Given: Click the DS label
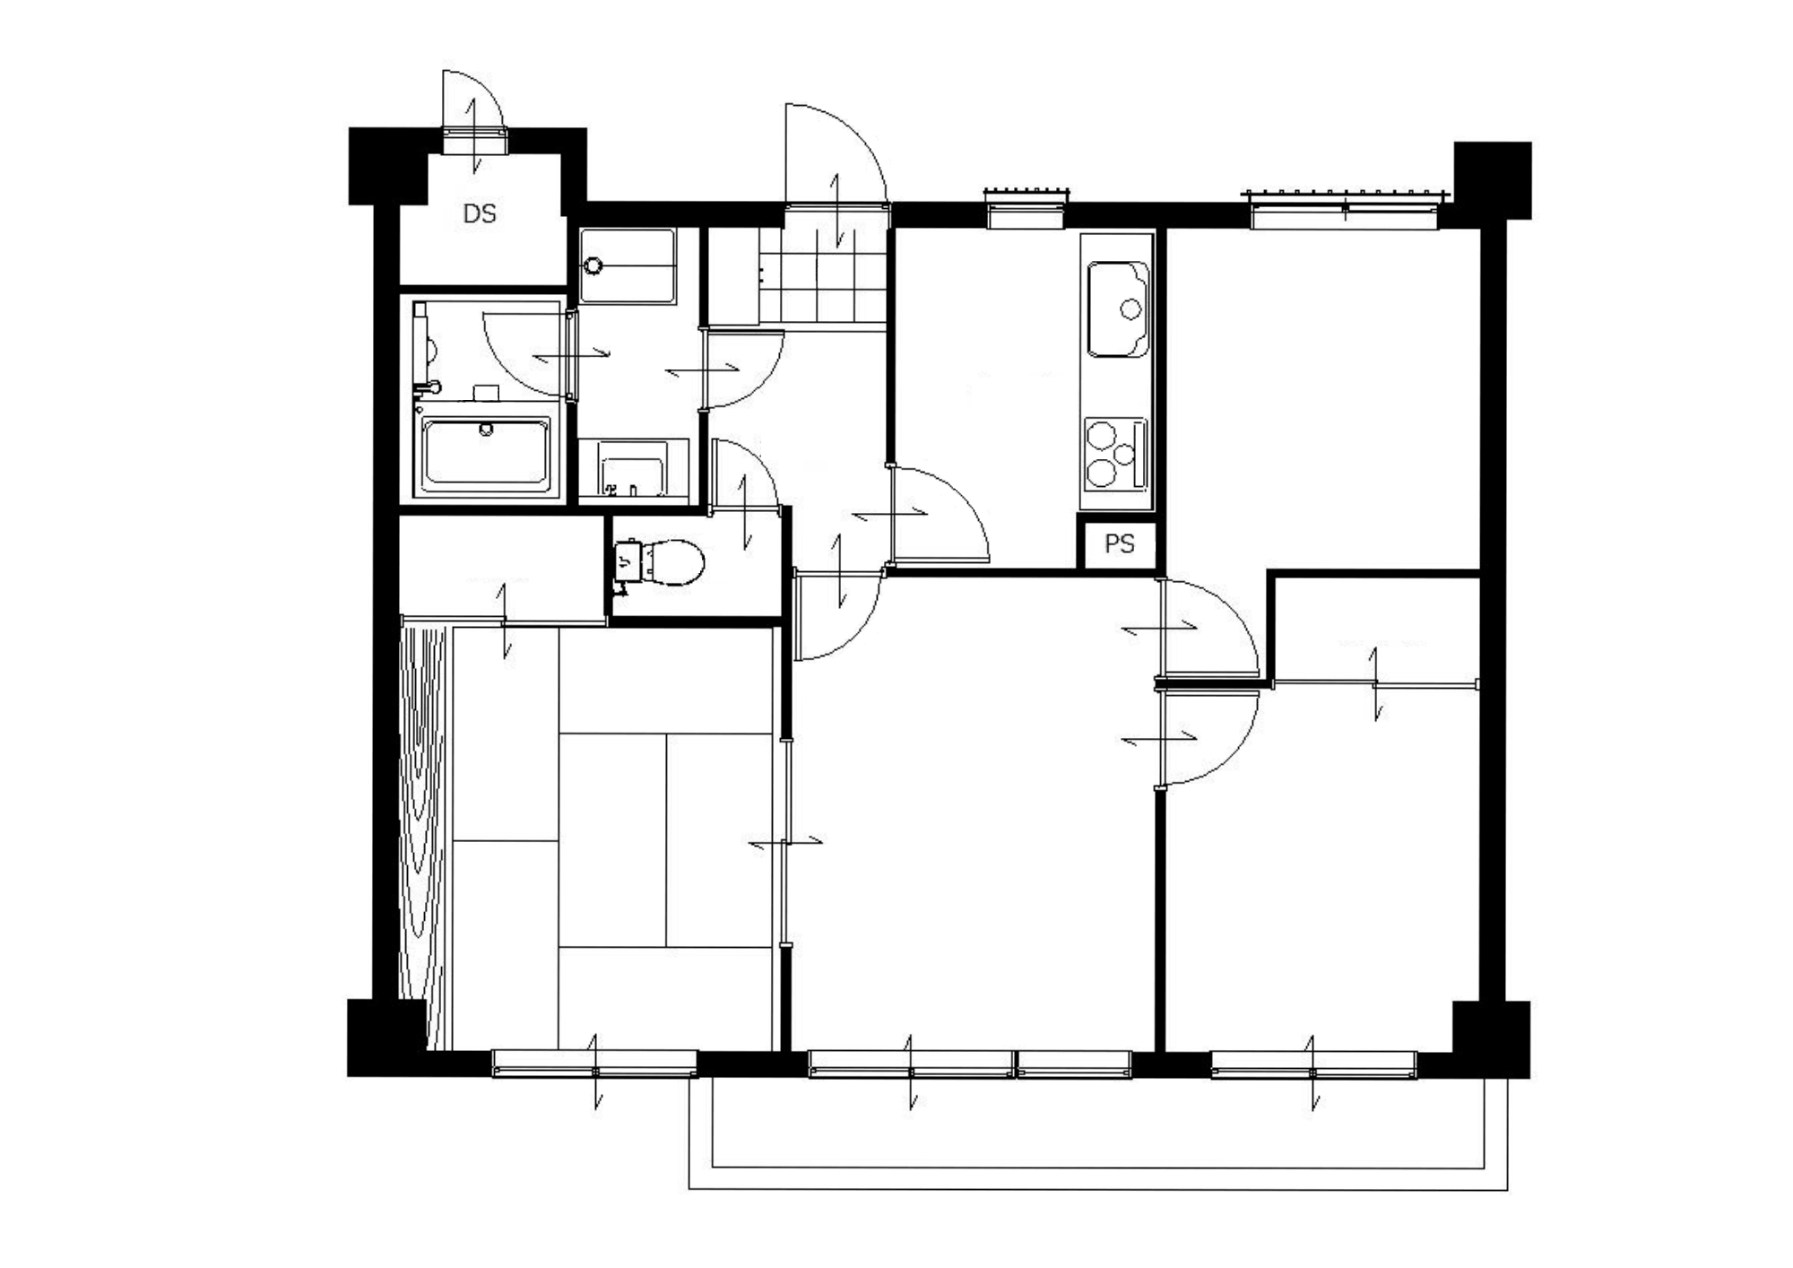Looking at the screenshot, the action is pos(480,213).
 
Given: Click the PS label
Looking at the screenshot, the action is pos(1120,543).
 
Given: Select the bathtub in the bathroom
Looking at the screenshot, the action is pos(486,456).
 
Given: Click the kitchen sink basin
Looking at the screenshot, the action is pos(1118,309).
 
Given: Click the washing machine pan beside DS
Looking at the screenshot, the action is pos(627,265).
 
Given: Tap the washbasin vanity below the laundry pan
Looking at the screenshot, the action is pos(633,467).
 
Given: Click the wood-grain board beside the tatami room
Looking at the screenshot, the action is pos(423,837).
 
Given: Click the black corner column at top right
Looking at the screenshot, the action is pos(1492,180).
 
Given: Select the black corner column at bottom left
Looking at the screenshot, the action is pos(385,1038).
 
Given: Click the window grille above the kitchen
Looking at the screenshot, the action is pos(1026,194).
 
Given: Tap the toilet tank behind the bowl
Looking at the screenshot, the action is pos(628,561).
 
